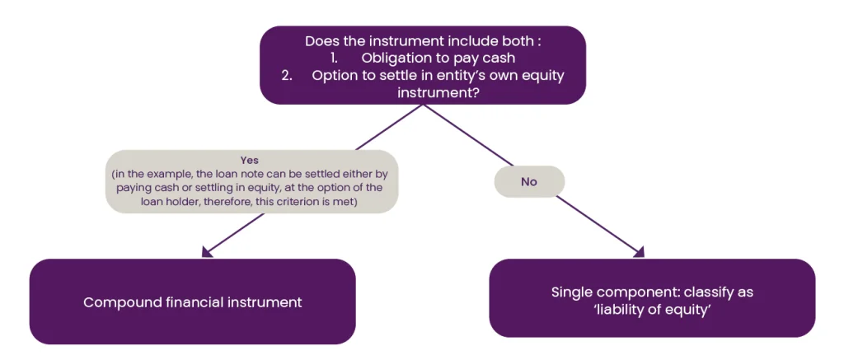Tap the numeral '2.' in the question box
coord(287,75)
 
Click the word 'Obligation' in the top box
coord(396,58)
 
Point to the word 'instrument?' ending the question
coord(438,92)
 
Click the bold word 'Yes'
coord(251,161)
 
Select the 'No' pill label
coord(529,182)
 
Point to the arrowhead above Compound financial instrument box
coord(206,252)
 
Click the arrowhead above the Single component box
coord(639,253)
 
